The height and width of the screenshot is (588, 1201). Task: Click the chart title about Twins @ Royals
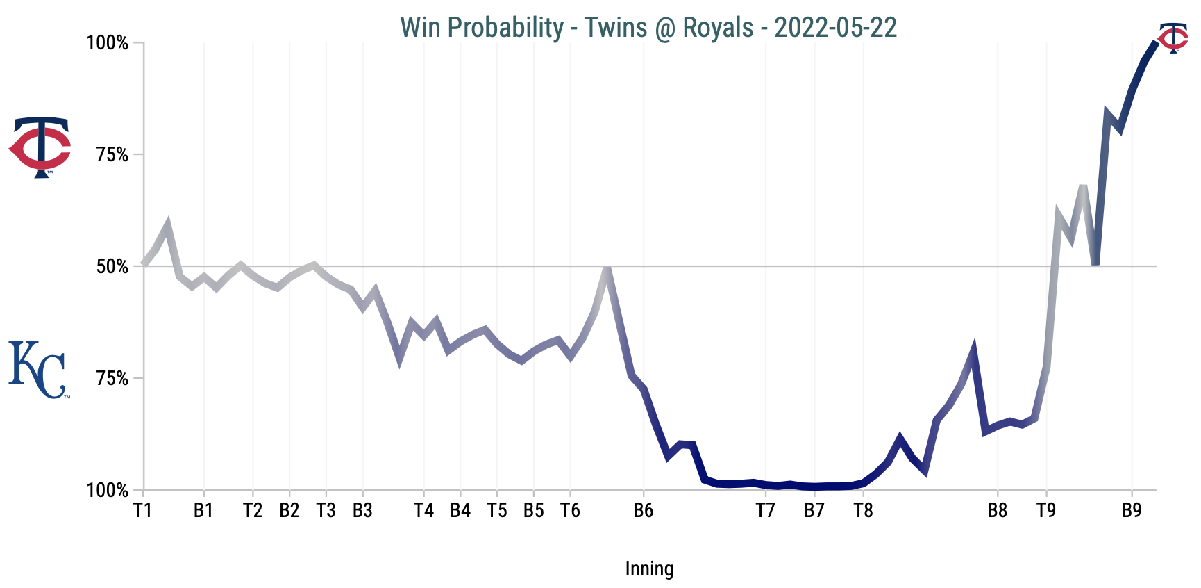[x=648, y=28]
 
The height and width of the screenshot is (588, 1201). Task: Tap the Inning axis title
[x=649, y=569]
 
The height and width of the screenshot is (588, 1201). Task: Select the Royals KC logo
[x=39, y=370]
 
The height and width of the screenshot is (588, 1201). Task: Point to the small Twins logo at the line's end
[x=1173, y=38]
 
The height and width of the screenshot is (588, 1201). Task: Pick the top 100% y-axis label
[x=108, y=43]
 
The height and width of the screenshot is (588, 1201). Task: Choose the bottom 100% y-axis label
[x=108, y=491]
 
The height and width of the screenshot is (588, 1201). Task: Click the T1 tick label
[x=143, y=511]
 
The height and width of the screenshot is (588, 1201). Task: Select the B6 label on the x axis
[x=644, y=511]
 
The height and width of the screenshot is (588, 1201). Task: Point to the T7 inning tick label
[x=765, y=511]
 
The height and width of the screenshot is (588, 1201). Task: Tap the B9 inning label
[x=1132, y=511]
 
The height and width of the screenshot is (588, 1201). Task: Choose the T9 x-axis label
[x=1046, y=511]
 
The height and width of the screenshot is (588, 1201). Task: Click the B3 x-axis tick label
[x=362, y=511]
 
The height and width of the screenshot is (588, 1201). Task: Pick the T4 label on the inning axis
[x=423, y=511]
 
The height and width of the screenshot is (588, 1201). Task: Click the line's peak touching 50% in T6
[x=607, y=268]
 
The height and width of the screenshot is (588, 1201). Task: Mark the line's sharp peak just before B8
[x=973, y=348]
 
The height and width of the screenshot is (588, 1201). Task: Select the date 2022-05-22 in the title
[x=835, y=28]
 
